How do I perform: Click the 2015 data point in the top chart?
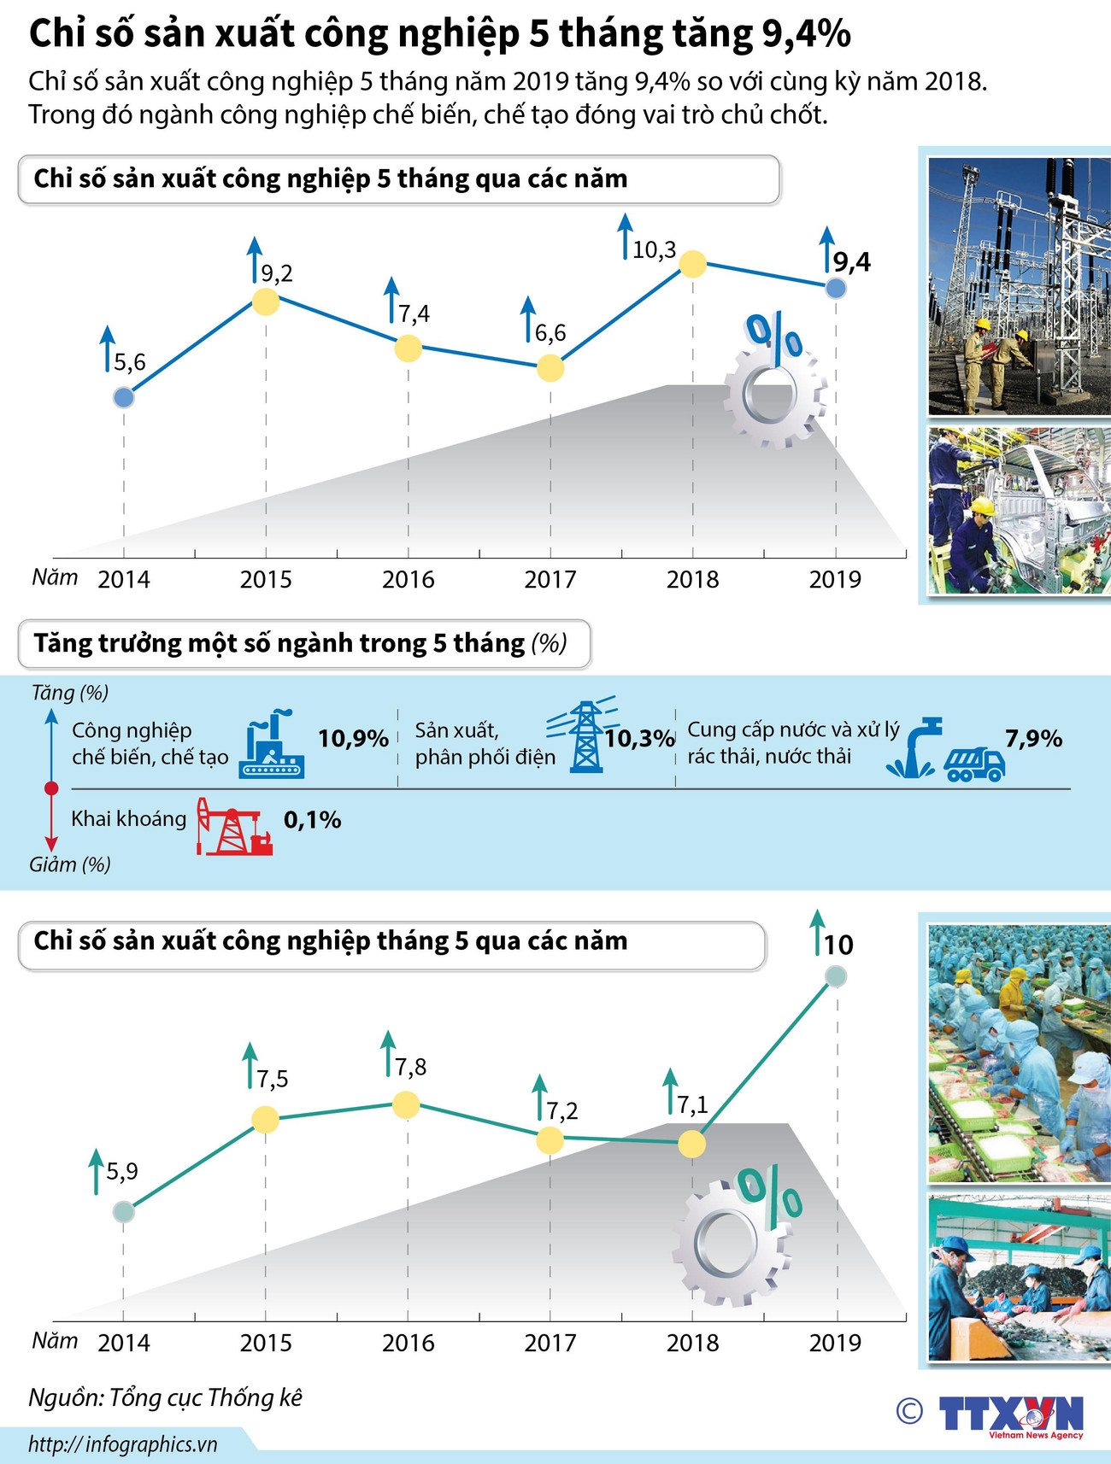266,302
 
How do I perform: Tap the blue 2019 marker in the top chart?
836,288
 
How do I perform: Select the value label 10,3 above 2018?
654,250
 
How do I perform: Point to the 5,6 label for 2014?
130,363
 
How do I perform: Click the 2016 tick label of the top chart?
408,580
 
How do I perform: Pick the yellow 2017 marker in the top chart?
550,368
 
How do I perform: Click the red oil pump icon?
233,827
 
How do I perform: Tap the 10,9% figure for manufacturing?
353,739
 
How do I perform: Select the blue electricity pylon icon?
585,736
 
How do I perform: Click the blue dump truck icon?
974,764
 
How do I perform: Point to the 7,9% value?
1032,739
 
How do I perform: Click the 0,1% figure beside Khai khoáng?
312,820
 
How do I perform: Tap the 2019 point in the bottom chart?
836,976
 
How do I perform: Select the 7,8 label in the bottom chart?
410,1067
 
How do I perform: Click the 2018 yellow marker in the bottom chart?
692,1143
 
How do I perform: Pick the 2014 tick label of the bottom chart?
124,1343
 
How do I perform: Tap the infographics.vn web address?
123,1444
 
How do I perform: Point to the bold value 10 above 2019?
838,945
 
